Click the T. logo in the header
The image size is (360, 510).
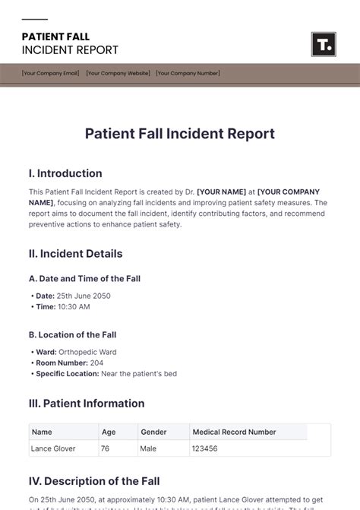coord(323,44)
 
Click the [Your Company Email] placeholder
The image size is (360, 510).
coord(50,74)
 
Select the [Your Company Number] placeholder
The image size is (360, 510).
coord(188,74)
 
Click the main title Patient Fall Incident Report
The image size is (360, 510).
coord(179,134)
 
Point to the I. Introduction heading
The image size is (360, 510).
coord(65,173)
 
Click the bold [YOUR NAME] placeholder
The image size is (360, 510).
coord(225,192)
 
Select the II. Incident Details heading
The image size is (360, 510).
coord(75,254)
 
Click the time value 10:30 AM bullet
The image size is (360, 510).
coord(74,306)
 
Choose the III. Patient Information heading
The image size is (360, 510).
coord(87,404)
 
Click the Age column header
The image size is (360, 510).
coord(109,432)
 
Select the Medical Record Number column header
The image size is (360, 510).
coord(234,432)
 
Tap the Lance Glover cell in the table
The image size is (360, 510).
coord(53,448)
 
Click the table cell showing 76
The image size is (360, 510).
coord(106,448)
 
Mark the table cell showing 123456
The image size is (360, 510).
coord(205,448)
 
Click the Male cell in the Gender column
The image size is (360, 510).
coord(150,448)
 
